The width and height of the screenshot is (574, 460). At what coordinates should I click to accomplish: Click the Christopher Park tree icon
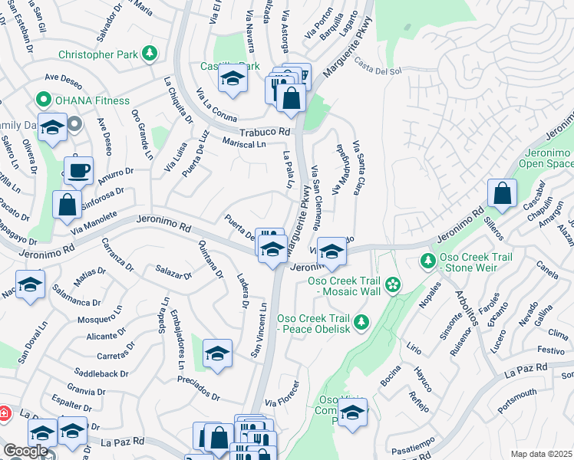click(x=151, y=54)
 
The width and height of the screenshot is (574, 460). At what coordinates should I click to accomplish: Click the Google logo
click(x=26, y=451)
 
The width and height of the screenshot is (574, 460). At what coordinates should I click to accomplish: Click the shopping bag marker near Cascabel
click(x=502, y=195)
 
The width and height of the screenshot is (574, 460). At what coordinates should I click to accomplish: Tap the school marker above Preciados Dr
click(x=218, y=354)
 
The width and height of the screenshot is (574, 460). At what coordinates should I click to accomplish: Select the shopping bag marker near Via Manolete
click(x=67, y=204)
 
